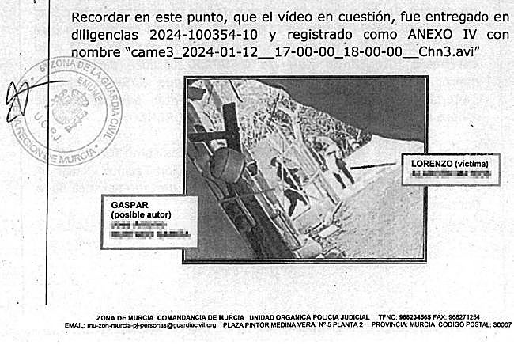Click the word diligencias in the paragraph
click(108, 35)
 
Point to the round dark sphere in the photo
click(227, 166)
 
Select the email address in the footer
click(150, 324)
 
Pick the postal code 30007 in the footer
click(501, 324)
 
